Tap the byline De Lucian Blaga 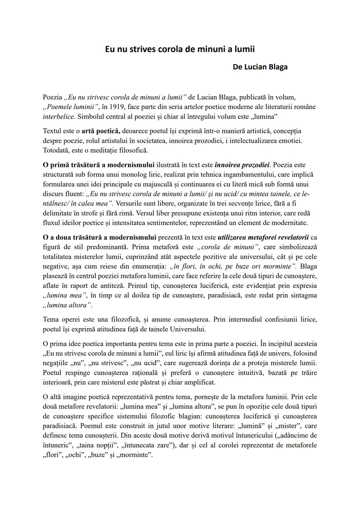click(260, 67)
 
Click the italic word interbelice click(58, 117)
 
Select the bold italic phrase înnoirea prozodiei click(242, 165)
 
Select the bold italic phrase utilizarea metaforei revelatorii click(263, 238)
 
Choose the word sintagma click(302, 296)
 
